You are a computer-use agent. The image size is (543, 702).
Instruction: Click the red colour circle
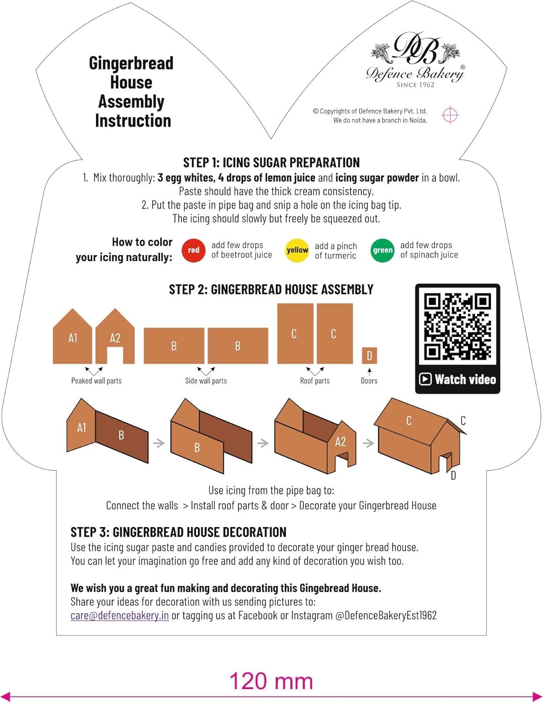193,250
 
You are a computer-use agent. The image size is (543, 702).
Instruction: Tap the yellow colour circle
297,250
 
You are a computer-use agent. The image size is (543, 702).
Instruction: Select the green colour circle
382,250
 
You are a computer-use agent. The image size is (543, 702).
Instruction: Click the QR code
457,326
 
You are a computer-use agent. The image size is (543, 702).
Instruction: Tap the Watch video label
458,379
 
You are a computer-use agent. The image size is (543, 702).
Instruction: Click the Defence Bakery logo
415,58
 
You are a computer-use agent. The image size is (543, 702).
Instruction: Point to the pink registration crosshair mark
450,115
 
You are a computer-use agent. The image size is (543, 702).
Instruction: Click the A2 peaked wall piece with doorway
115,336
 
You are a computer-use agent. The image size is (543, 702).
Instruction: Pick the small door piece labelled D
369,356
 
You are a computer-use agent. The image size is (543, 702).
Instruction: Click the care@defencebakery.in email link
119,615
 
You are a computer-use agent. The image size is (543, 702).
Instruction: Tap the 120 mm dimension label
271,681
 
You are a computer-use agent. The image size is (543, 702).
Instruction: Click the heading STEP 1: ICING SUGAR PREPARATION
271,162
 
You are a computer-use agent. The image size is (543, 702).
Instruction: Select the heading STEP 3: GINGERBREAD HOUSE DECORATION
178,532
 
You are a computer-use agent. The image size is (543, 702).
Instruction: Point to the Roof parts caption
315,381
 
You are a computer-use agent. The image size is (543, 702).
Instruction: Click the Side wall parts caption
206,381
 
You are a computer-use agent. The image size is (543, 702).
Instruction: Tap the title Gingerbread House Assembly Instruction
132,92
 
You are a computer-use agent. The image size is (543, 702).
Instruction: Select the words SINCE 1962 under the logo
415,85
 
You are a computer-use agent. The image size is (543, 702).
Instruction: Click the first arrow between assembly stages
159,443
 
